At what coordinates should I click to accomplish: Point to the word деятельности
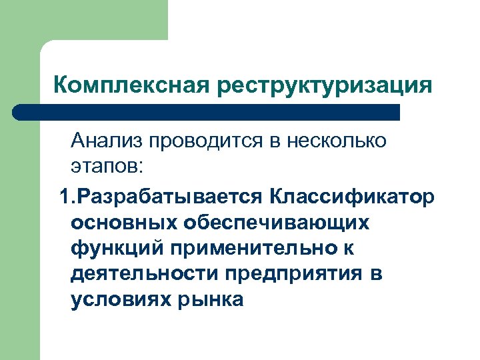[143, 274]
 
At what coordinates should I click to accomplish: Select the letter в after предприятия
[378, 274]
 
